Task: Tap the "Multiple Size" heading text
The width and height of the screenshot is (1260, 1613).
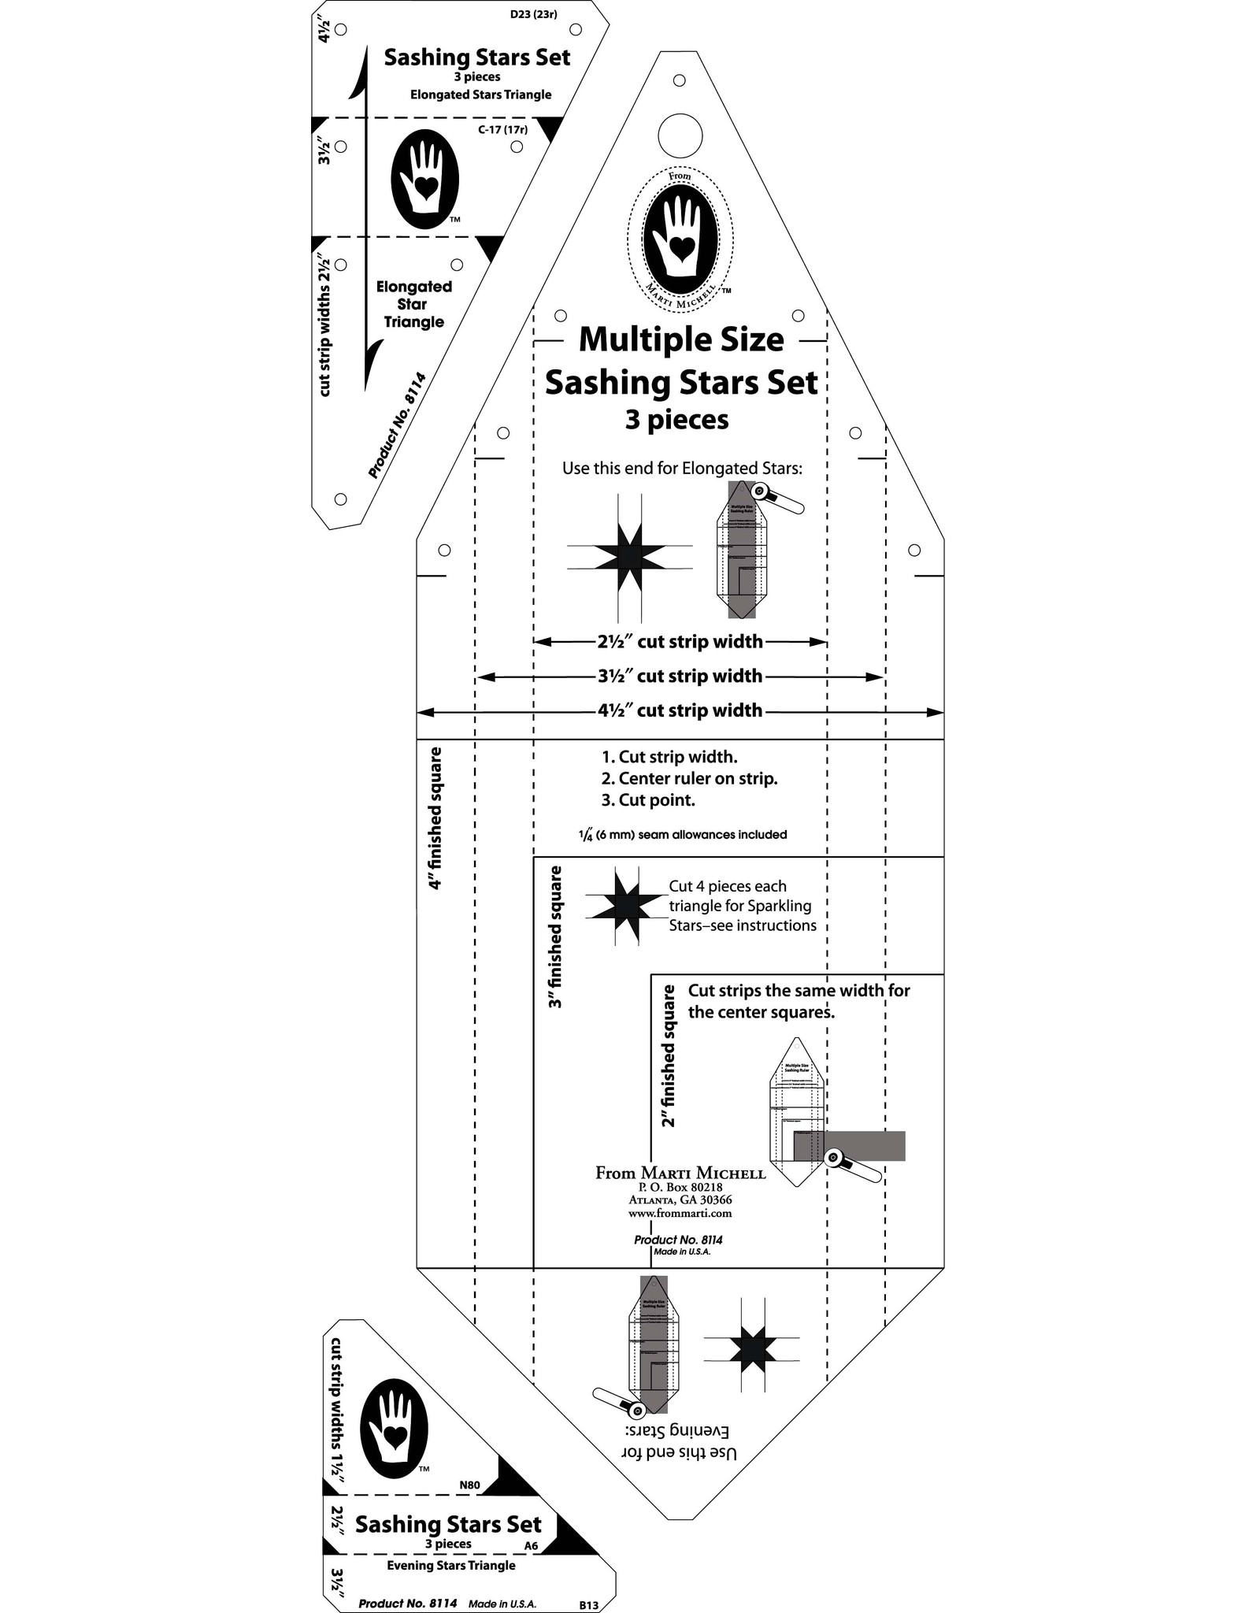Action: pos(681,340)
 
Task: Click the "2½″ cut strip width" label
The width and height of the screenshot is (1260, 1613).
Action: pos(680,642)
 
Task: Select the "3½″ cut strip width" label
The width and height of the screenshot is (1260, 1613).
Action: pos(680,677)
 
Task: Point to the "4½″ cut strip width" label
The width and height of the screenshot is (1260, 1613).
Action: pos(680,711)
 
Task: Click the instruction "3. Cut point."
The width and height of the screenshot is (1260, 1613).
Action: pos(648,800)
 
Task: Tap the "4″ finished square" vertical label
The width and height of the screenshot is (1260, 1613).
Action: pos(434,818)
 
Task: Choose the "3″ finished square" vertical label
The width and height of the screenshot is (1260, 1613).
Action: pos(556,937)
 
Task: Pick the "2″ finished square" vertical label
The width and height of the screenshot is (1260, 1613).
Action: pos(669,1055)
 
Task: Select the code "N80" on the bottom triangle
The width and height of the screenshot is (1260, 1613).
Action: pos(469,1486)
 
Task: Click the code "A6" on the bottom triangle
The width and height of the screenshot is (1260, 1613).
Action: pos(531,1546)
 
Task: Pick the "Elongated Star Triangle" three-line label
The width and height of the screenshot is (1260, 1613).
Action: pos(413,304)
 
